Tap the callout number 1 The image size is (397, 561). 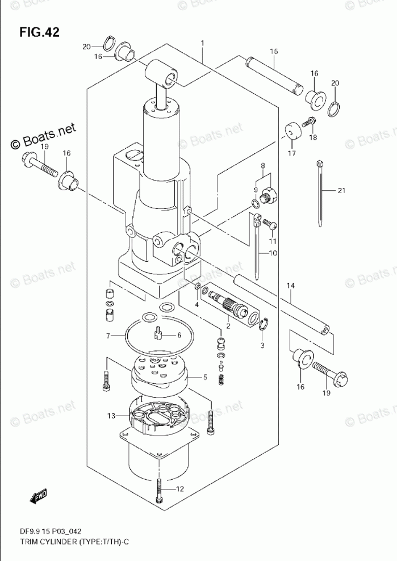[x=202, y=43]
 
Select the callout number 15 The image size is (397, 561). [x=274, y=52]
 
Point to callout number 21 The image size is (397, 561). [x=341, y=191]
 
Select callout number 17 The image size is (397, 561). [x=291, y=153]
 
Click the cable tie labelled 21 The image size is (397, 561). [x=321, y=193]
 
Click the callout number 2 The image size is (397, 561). [x=228, y=325]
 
